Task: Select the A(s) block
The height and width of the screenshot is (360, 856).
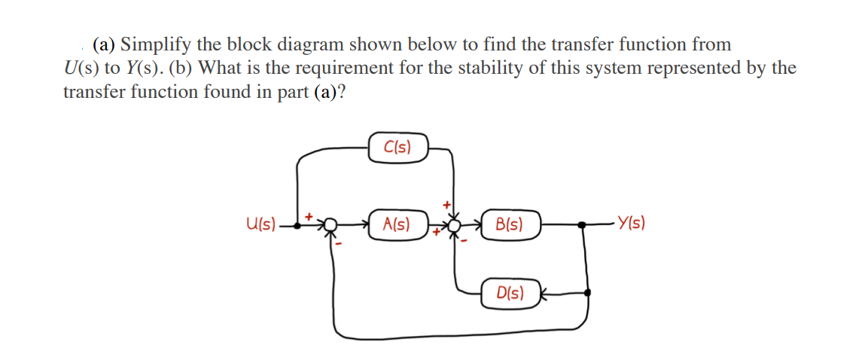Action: (x=398, y=223)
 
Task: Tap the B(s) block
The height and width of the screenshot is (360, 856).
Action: (x=511, y=224)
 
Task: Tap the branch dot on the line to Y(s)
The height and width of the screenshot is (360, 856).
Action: (x=581, y=224)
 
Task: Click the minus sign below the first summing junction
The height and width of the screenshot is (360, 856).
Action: (x=340, y=244)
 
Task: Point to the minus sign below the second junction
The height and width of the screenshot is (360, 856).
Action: (x=464, y=241)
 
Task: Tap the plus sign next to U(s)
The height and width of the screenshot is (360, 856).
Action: (x=308, y=215)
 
